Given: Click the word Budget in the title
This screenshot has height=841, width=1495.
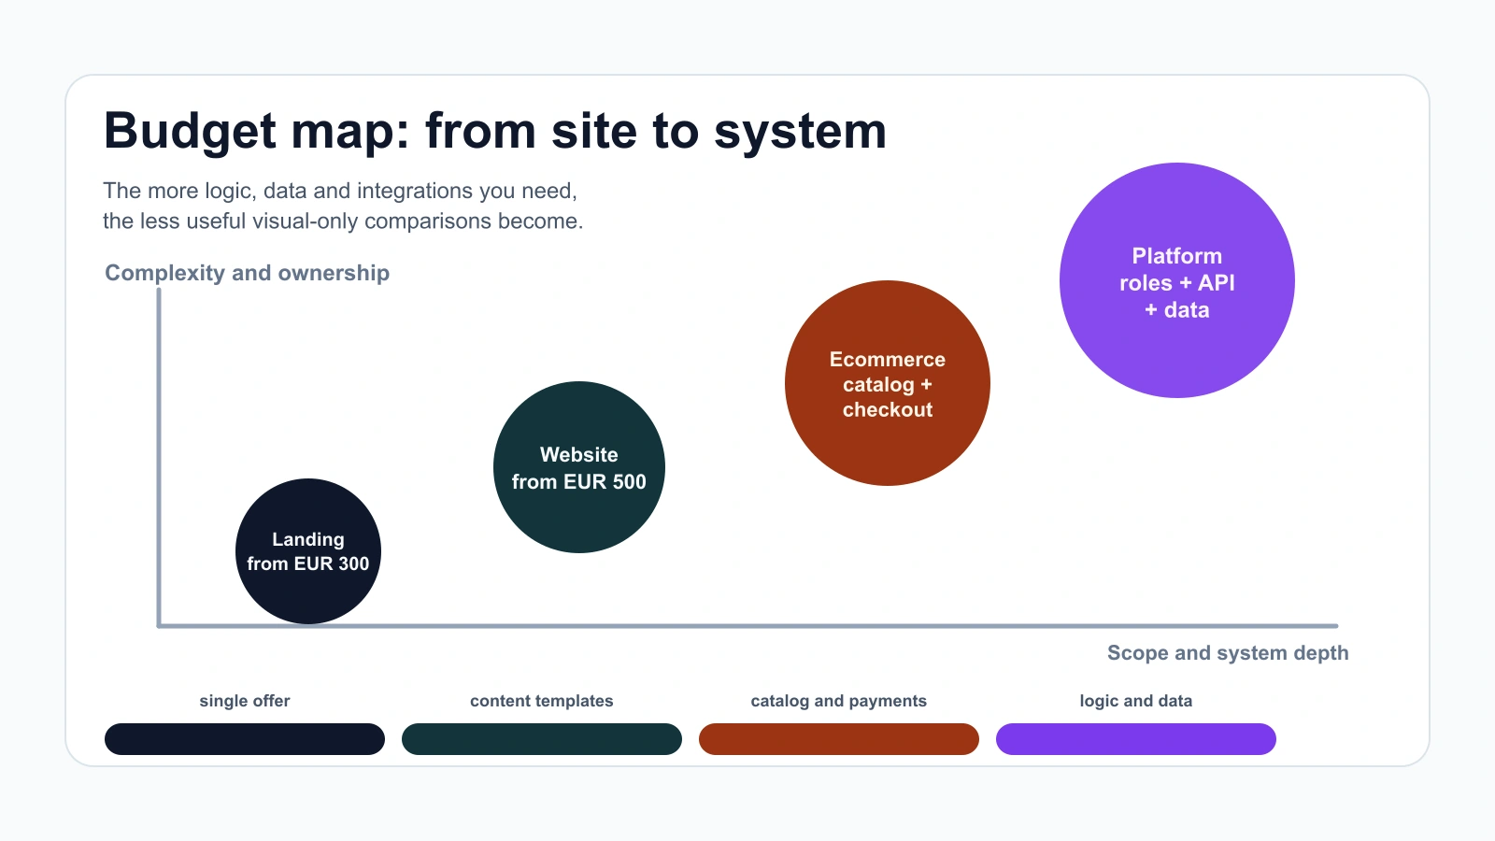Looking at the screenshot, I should pyautogui.click(x=191, y=131).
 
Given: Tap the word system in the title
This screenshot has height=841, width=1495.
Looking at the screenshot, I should pyautogui.click(x=800, y=131).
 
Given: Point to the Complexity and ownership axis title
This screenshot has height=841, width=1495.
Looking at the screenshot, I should pyautogui.click(x=247, y=273).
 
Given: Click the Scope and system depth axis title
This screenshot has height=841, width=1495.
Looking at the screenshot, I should pyautogui.click(x=1228, y=653).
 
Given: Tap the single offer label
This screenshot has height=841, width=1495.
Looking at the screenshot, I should pyautogui.click(x=245, y=701).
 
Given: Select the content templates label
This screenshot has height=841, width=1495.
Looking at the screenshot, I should pyautogui.click(x=542, y=701).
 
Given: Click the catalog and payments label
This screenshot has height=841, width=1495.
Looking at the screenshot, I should pyautogui.click(x=839, y=701).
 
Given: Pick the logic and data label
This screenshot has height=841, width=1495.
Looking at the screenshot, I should pyautogui.click(x=1136, y=701).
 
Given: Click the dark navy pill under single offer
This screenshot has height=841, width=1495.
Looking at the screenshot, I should pyautogui.click(x=245, y=739).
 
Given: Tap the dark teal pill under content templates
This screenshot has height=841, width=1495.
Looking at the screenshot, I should pyautogui.click(x=542, y=739).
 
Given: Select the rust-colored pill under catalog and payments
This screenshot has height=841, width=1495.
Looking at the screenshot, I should pyautogui.click(x=839, y=739).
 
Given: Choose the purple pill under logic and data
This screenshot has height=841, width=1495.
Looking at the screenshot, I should pyautogui.click(x=1136, y=739).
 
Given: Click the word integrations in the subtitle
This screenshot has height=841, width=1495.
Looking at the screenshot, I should pyautogui.click(x=415, y=191).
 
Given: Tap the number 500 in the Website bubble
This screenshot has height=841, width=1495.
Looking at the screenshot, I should pyautogui.click(x=629, y=482).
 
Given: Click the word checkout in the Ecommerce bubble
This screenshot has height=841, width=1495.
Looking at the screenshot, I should pyautogui.click(x=888, y=410).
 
